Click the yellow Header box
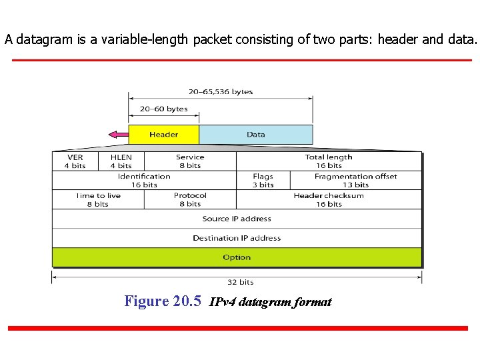163,134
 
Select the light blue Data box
255,134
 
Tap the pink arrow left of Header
118,135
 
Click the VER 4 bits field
75,161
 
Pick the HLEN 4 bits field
121,161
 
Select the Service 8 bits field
190,161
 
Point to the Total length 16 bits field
329,161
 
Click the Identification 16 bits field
144,181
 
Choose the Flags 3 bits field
263,181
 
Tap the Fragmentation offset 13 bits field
355,181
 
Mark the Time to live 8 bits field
98,200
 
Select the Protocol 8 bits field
190,200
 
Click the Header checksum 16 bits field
329,200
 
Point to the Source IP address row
237,219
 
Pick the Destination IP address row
237,238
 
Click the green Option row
237,257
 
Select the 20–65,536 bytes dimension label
221,92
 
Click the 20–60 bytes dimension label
163,109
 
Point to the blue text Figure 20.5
163,301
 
